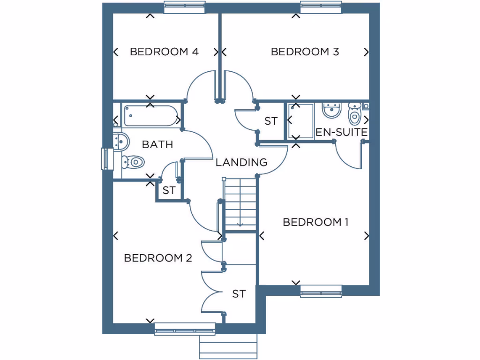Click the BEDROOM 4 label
tap(164, 52)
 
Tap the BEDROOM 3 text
tap(305, 52)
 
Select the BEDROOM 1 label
tap(315, 222)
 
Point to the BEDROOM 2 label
tap(158, 258)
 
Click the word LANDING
tap(241, 163)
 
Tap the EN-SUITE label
tap(341, 132)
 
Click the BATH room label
tap(157, 144)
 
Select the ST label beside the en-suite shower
tap(271, 121)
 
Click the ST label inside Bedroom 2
tap(239, 294)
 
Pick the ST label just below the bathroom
tap(169, 191)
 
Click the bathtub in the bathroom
tap(150, 116)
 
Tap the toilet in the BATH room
tap(133, 162)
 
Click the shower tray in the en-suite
tap(300, 121)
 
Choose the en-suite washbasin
tap(331, 111)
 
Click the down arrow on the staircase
tap(240, 224)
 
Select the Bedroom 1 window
tap(321, 291)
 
